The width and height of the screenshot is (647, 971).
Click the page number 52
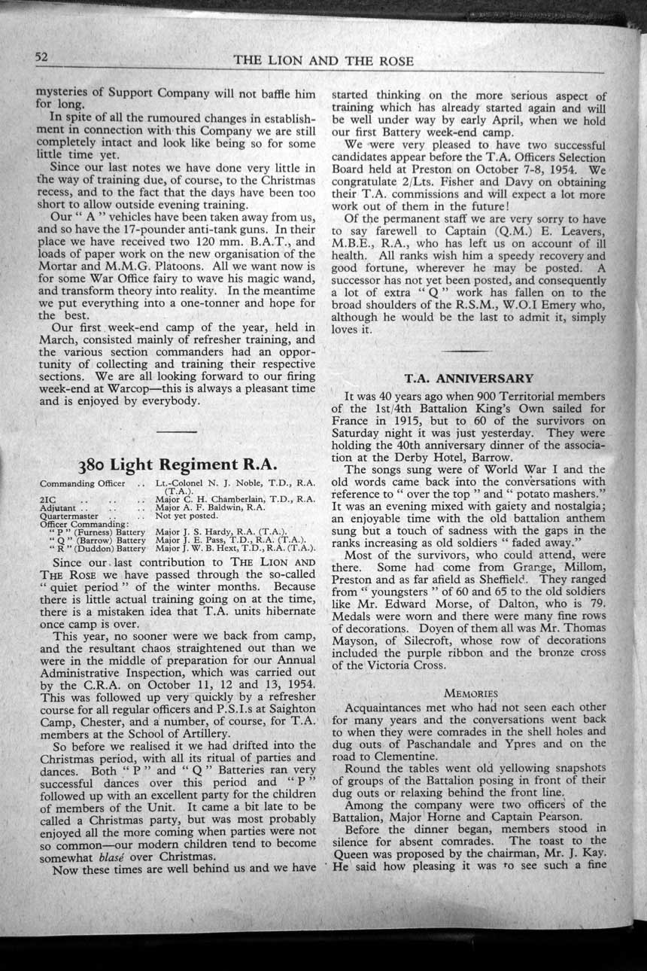click(x=41, y=58)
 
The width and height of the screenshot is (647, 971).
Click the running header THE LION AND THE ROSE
click(x=323, y=61)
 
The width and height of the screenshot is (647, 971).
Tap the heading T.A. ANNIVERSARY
click(x=469, y=378)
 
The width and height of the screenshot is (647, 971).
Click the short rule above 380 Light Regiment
click(x=178, y=431)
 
